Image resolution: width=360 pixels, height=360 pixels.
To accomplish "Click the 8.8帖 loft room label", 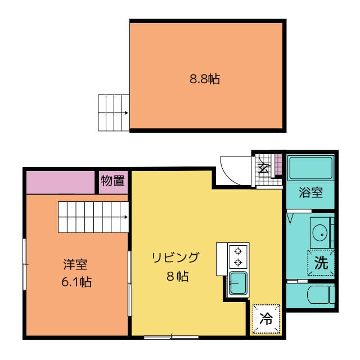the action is click(205, 79).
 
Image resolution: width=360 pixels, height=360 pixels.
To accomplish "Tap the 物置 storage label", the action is click(112, 181).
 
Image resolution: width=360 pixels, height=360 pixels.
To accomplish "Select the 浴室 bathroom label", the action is click(310, 192).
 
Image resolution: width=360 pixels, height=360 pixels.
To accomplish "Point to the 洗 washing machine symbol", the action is click(321, 263).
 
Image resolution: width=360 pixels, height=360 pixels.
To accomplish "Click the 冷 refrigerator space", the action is click(266, 319).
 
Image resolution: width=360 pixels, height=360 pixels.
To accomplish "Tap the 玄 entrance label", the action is click(263, 169).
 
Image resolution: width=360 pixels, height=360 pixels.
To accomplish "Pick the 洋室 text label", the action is click(75, 264).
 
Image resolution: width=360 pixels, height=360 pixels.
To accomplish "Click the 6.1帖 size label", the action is click(76, 282).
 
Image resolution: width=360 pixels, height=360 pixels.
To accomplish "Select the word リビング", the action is click(175, 258).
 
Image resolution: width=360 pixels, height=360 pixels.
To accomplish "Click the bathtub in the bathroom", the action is click(311, 168).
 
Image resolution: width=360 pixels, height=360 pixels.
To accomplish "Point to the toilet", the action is click(321, 294).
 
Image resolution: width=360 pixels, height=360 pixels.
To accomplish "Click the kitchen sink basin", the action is click(238, 283).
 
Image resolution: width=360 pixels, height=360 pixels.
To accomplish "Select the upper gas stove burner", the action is click(238, 251).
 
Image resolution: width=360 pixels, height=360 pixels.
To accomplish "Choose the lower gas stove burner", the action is click(238, 262).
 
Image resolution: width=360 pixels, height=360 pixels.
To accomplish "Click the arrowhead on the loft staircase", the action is click(127, 112).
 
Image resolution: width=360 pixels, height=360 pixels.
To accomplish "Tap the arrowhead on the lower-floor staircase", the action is click(126, 217).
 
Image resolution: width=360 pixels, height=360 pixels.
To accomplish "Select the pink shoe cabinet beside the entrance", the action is click(278, 164).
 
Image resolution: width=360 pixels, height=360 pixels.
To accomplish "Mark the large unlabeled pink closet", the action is click(61, 182).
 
